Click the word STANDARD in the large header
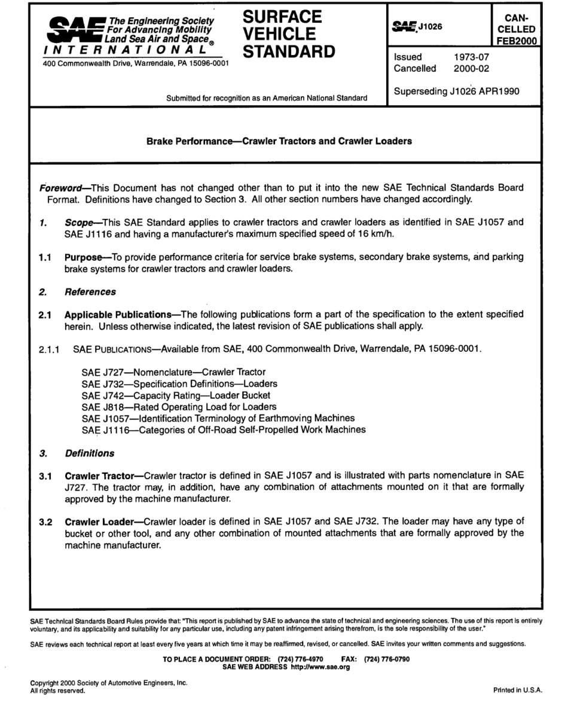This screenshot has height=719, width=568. [289, 51]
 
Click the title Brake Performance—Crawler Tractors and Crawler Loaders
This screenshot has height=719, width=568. [279, 142]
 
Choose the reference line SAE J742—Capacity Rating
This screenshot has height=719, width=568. [175, 396]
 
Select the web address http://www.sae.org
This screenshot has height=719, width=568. [315, 666]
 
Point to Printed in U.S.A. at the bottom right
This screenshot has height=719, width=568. [517, 690]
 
